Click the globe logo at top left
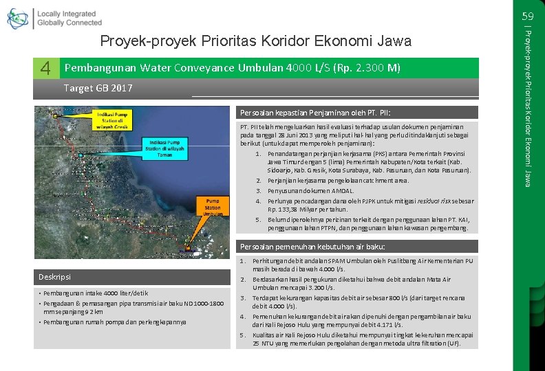(x=18, y=18)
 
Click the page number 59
(x=528, y=16)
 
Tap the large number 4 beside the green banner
(x=45, y=68)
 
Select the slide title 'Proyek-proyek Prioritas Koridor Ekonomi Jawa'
(x=255, y=41)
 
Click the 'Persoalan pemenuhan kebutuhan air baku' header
(x=312, y=247)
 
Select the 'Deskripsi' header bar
(x=55, y=277)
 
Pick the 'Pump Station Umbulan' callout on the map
(x=212, y=207)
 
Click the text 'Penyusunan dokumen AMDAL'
(x=311, y=191)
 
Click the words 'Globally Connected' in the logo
(x=69, y=23)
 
